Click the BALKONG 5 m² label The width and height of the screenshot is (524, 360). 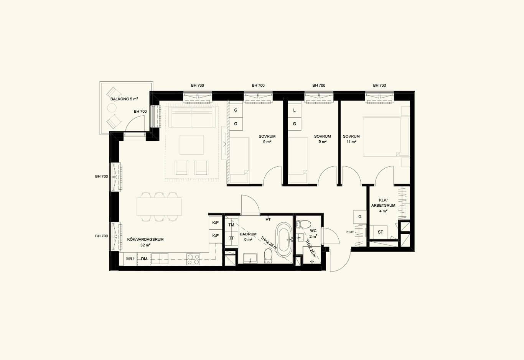(124, 99)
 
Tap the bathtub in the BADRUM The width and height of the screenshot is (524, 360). (284, 239)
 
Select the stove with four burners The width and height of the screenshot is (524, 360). (193, 259)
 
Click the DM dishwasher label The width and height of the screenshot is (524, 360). (144, 259)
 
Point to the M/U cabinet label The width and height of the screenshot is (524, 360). (130, 259)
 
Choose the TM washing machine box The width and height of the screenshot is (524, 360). (231, 225)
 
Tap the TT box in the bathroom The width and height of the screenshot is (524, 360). (231, 238)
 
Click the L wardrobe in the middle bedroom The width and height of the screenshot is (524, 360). (294, 110)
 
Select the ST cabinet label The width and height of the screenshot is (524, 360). (381, 232)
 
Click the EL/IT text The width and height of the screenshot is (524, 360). (350, 232)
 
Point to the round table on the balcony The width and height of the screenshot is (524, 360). (112, 108)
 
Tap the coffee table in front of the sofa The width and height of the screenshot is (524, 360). (191, 145)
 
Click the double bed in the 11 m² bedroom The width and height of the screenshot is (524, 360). (386, 137)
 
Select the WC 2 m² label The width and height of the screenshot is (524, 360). (313, 233)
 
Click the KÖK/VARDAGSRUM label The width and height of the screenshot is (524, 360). (145, 240)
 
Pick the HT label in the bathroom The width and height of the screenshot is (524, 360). (268, 220)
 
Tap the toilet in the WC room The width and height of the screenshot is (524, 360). (304, 224)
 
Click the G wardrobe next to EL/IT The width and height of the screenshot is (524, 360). (360, 217)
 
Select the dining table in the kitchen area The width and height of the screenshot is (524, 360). (159, 207)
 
